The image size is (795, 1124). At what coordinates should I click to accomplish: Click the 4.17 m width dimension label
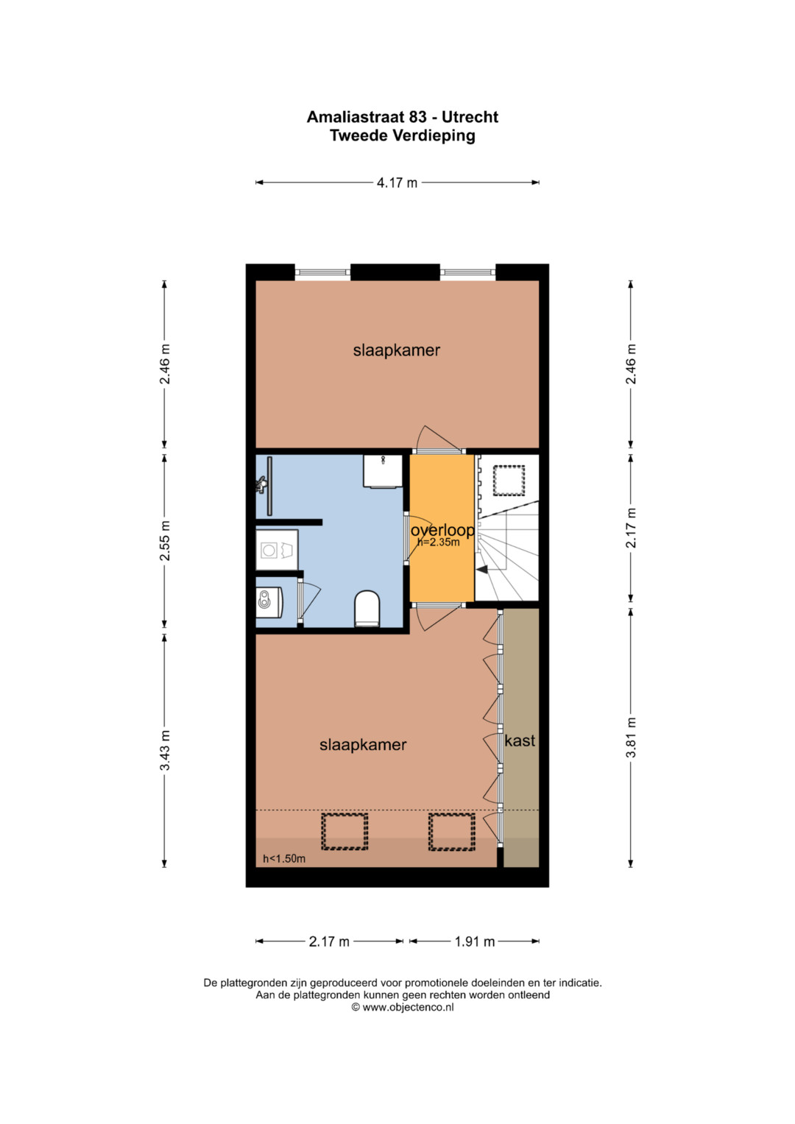pyautogui.click(x=397, y=183)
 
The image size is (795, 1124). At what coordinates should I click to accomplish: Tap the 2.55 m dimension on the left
pyautogui.click(x=165, y=540)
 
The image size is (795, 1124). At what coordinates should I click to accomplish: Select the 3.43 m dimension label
pyautogui.click(x=165, y=750)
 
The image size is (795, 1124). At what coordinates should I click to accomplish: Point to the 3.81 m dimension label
pyautogui.click(x=631, y=737)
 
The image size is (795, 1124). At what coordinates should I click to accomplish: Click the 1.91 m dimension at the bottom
pyautogui.click(x=475, y=942)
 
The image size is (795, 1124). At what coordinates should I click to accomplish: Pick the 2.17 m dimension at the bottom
pyautogui.click(x=329, y=942)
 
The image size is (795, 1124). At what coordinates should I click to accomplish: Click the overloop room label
pyautogui.click(x=442, y=530)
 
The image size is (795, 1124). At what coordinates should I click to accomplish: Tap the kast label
pyautogui.click(x=520, y=741)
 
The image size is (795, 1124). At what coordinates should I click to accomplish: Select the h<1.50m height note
pyautogui.click(x=284, y=858)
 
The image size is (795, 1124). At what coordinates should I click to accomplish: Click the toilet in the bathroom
pyautogui.click(x=367, y=609)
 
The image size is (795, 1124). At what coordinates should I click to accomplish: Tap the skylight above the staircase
pyautogui.click(x=509, y=481)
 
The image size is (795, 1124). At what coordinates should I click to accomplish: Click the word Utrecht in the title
pyautogui.click(x=470, y=117)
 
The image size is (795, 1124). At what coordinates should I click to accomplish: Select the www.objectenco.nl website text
pyautogui.click(x=408, y=1007)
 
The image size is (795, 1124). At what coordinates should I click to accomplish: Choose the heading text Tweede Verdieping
pyautogui.click(x=403, y=135)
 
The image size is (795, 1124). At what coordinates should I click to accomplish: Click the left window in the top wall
pyautogui.click(x=322, y=272)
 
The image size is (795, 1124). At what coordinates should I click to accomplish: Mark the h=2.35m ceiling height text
pyautogui.click(x=439, y=542)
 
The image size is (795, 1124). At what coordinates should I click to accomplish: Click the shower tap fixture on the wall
pyautogui.click(x=261, y=485)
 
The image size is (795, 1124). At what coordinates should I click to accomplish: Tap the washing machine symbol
pyautogui.click(x=277, y=550)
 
